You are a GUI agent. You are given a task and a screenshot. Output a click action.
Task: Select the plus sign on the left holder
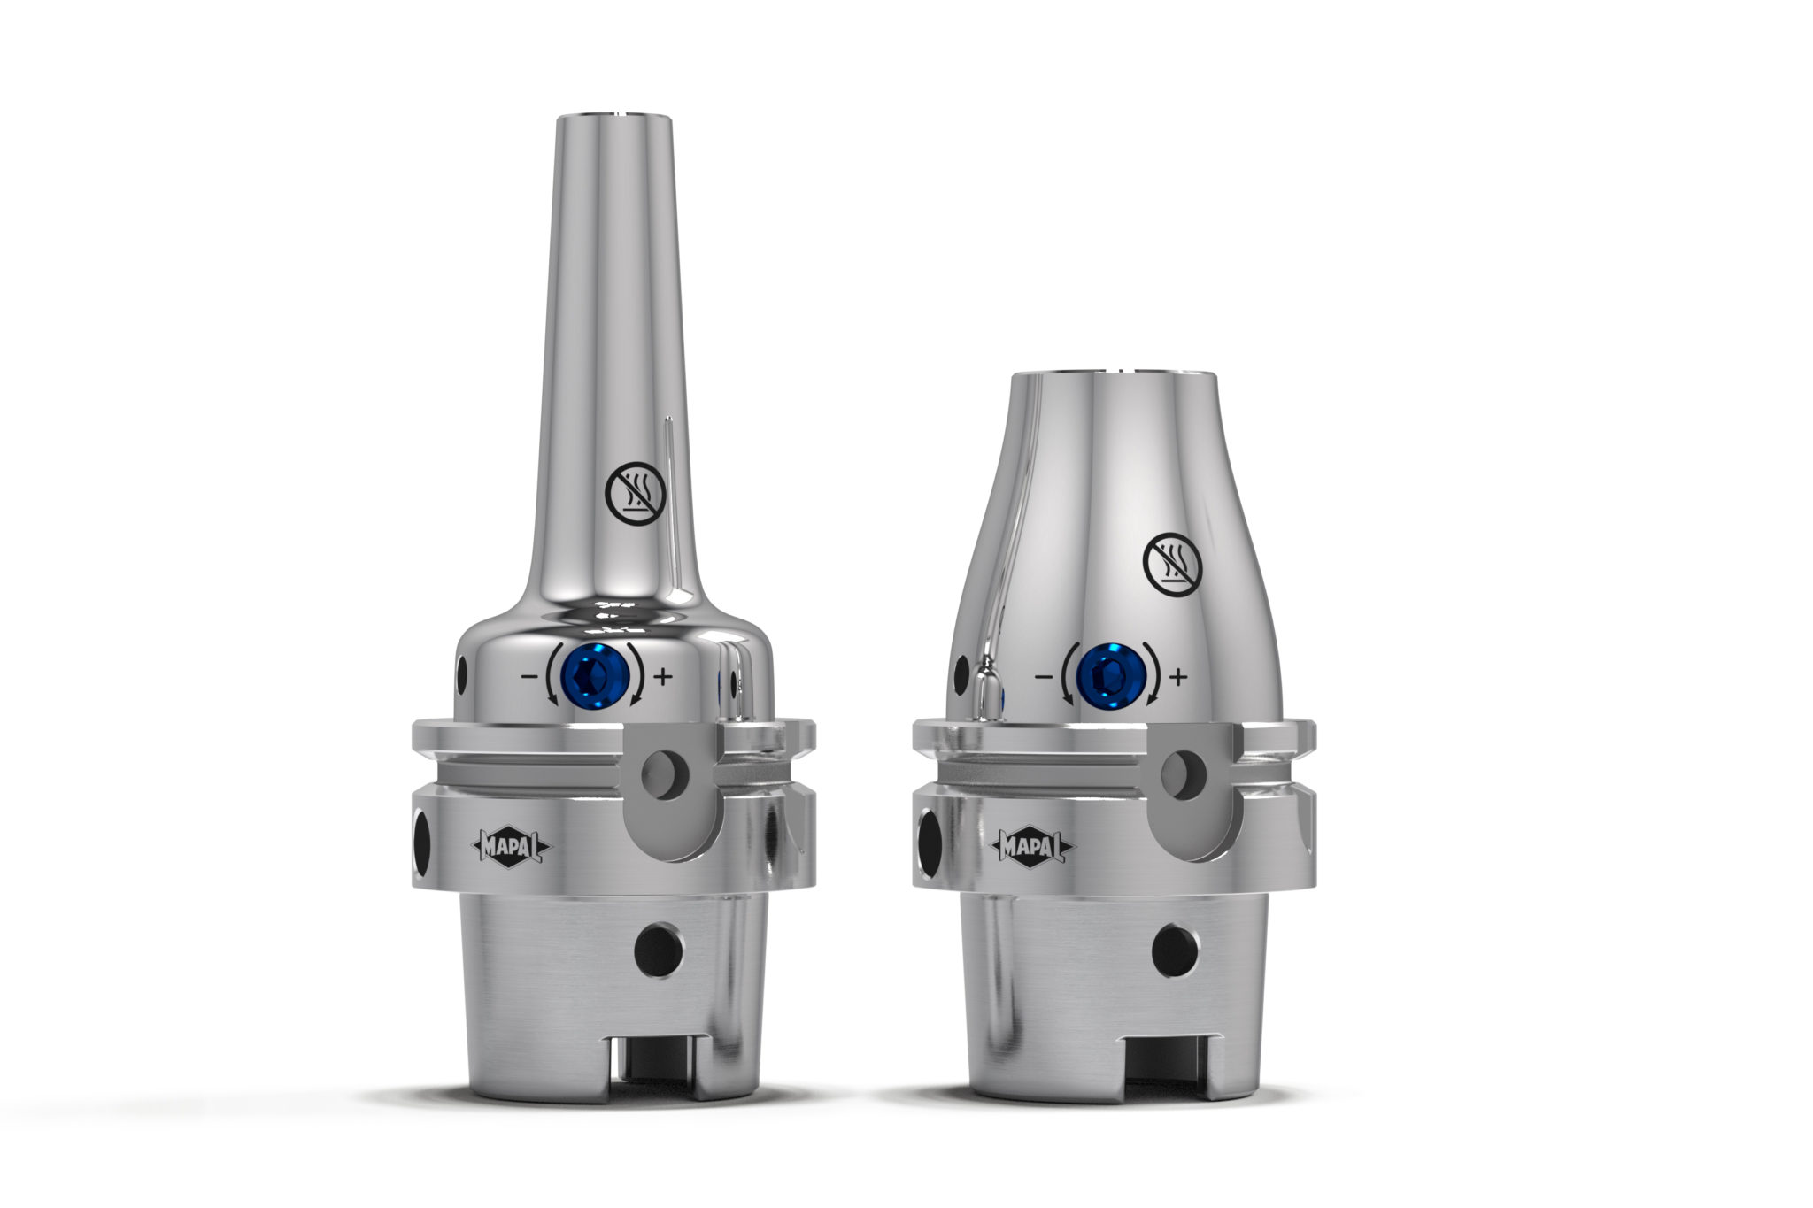pyautogui.click(x=663, y=678)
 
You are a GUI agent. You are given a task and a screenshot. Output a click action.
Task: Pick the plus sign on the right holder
pyautogui.click(x=1177, y=678)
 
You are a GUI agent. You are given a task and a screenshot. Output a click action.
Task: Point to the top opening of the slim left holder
pyautogui.click(x=613, y=114)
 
